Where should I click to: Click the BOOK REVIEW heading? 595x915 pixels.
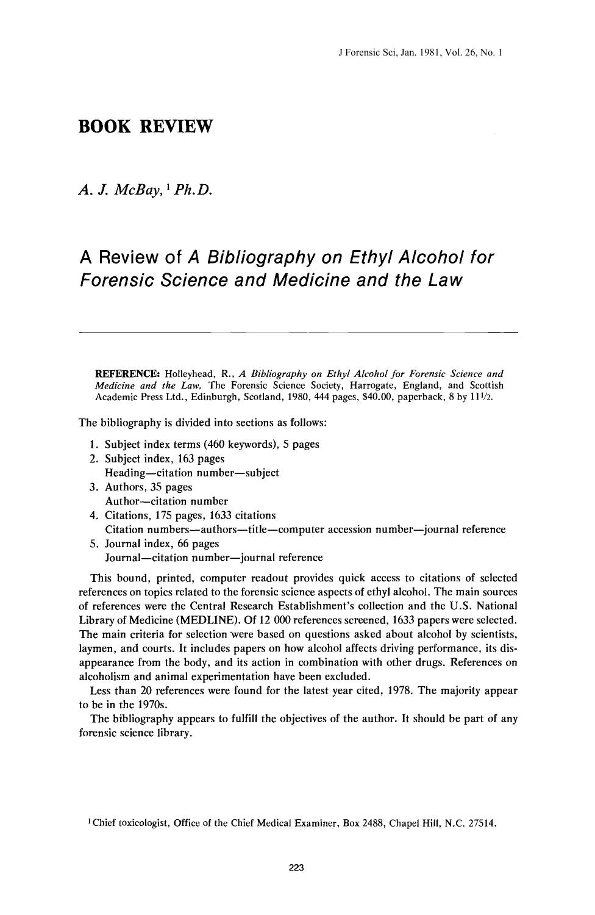[x=146, y=127]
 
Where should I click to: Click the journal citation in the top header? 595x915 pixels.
[x=419, y=53]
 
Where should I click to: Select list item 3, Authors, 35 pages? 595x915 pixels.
[x=148, y=487]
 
